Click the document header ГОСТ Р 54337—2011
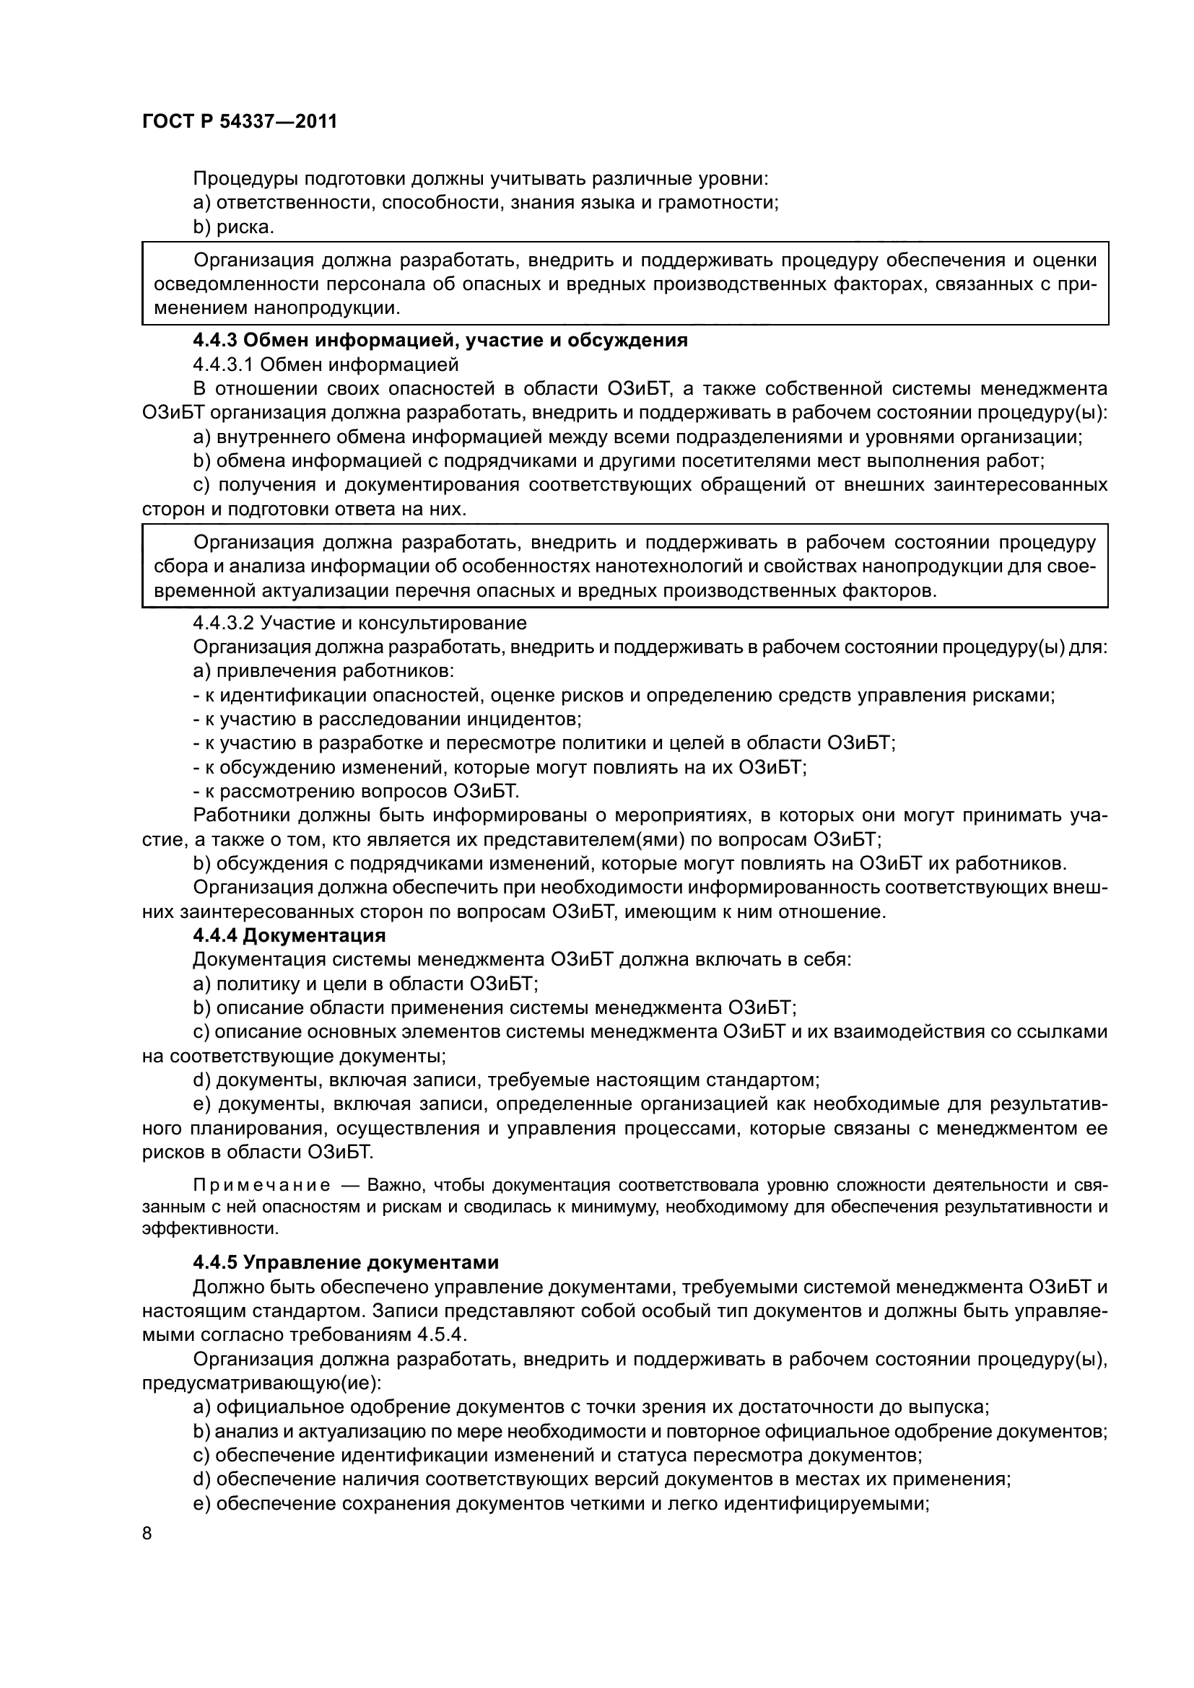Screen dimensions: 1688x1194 [x=240, y=121]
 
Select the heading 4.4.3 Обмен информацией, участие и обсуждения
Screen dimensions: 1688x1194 [x=440, y=341]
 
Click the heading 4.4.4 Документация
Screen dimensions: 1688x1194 [x=289, y=936]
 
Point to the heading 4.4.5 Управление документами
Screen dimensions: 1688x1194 [x=346, y=1262]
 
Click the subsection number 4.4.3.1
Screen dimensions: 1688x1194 [x=224, y=364]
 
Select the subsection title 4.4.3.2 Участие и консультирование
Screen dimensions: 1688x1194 [x=359, y=624]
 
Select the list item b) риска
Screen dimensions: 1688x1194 [x=233, y=227]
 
